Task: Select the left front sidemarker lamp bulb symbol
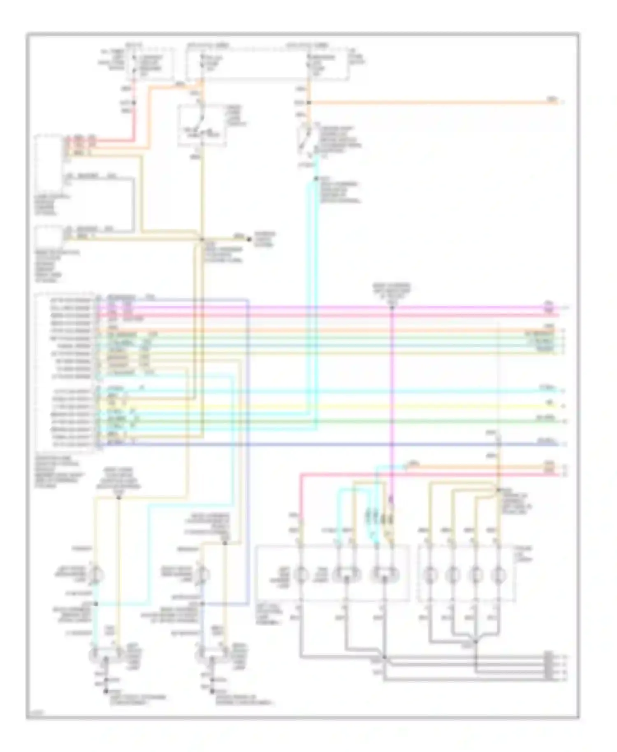tap(95, 575)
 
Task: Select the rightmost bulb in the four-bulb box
tap(499, 573)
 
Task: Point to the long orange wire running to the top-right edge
tap(432, 102)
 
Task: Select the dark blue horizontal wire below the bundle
tap(329, 444)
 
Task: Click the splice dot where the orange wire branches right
tap(309, 102)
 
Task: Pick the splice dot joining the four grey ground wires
tap(476, 641)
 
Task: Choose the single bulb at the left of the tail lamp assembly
tap(301, 573)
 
